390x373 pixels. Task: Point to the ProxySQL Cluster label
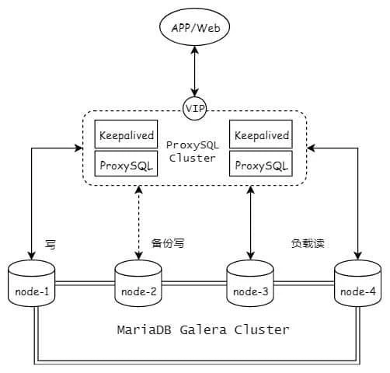[193, 152]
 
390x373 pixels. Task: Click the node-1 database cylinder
[32, 284]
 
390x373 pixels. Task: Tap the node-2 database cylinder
[138, 284]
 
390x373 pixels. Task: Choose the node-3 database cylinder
[250, 284]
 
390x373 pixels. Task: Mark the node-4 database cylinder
[358, 284]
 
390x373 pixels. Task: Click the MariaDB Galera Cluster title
[204, 330]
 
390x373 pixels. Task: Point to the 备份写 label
[168, 243]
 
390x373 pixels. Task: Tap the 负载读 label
[308, 243]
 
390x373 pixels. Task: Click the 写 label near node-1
[50, 244]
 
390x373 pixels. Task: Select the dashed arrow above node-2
[139, 223]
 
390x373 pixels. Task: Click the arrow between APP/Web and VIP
[195, 71]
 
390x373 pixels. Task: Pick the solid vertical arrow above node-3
[251, 223]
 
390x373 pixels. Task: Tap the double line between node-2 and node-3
[194, 284]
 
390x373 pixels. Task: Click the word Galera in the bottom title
[204, 330]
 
